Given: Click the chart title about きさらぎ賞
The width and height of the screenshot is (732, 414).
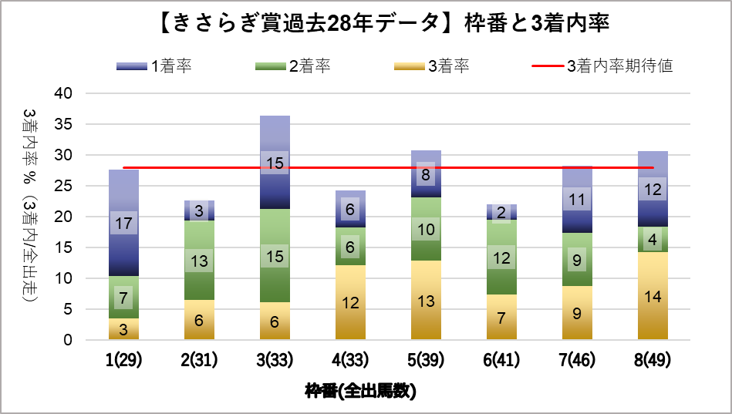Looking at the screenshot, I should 366,24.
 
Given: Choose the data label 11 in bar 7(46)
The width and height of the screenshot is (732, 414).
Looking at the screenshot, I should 577,200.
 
